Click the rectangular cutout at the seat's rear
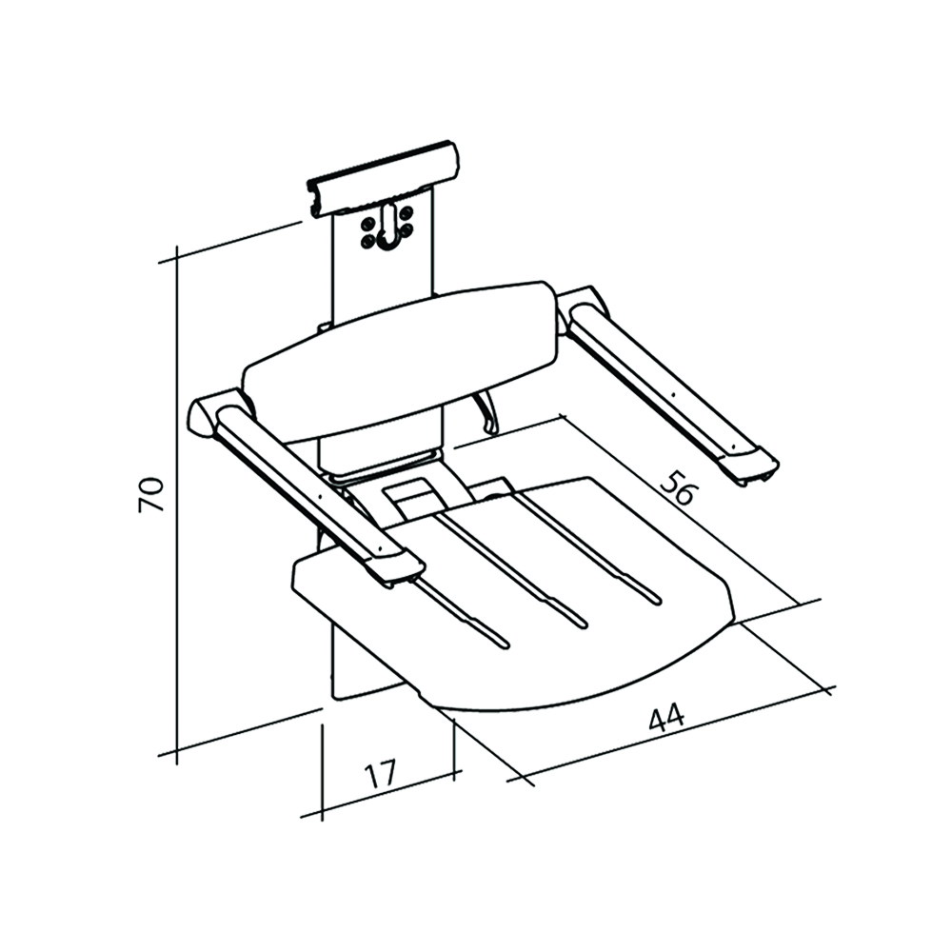(411, 495)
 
